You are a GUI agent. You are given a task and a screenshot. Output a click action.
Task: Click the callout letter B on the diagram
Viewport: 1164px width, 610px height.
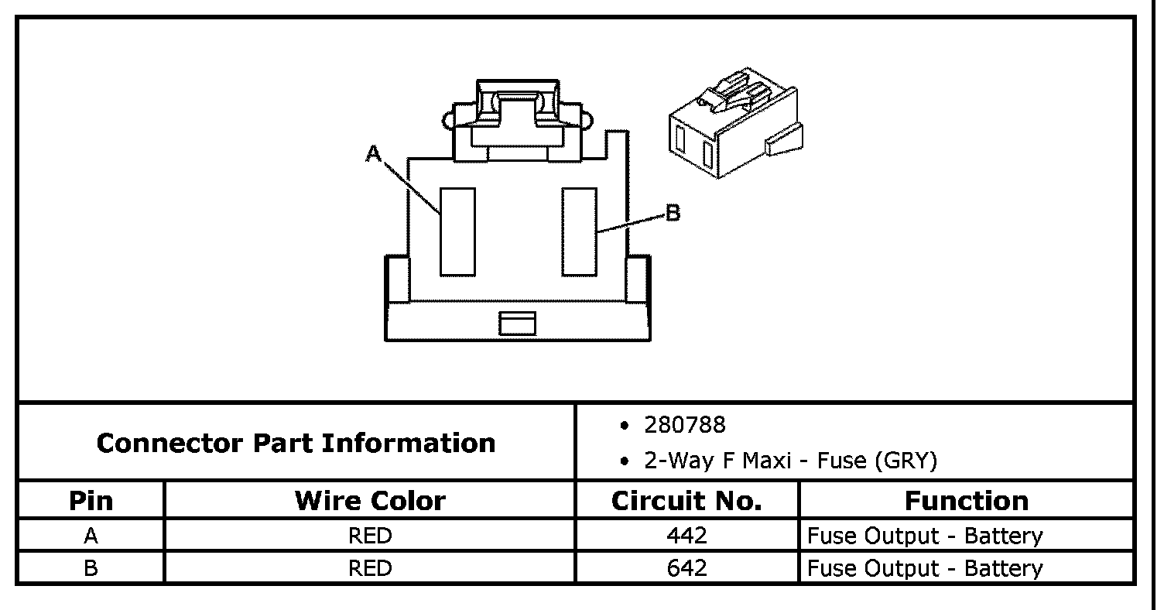(x=673, y=213)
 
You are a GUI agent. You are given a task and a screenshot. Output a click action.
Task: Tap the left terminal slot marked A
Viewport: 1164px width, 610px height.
(x=457, y=231)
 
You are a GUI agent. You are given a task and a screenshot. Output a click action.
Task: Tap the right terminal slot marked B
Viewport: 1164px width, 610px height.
(x=580, y=231)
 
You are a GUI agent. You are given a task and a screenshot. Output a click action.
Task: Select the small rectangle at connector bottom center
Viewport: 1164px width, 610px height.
(x=517, y=323)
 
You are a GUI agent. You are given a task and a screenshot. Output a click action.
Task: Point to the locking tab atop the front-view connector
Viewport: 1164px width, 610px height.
(x=518, y=116)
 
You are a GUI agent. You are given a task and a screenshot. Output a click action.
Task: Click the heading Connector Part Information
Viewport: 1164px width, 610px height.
(x=296, y=443)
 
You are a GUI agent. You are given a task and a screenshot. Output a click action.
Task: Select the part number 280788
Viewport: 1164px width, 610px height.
(x=685, y=425)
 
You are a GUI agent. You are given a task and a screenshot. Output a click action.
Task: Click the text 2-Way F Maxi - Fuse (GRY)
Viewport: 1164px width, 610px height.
(x=790, y=461)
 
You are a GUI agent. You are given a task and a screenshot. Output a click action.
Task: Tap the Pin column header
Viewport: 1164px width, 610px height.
(x=91, y=501)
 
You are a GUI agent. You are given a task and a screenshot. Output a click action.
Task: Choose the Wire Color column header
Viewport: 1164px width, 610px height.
(x=370, y=501)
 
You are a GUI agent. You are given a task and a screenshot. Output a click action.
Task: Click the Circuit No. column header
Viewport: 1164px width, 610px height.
(x=686, y=501)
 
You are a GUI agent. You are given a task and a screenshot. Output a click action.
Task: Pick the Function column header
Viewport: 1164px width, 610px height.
(x=966, y=501)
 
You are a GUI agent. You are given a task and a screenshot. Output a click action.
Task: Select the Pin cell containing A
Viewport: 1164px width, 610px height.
(x=91, y=536)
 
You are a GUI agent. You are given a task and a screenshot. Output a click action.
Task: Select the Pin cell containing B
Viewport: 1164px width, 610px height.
(x=91, y=568)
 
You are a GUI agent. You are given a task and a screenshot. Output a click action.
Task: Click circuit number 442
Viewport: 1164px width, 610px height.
(x=686, y=536)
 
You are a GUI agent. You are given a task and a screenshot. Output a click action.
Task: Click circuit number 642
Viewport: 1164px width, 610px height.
(x=686, y=568)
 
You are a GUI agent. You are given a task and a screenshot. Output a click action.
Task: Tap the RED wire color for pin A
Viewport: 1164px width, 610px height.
(x=370, y=536)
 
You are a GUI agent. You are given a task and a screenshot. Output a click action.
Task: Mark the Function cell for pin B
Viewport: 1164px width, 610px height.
(x=925, y=568)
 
